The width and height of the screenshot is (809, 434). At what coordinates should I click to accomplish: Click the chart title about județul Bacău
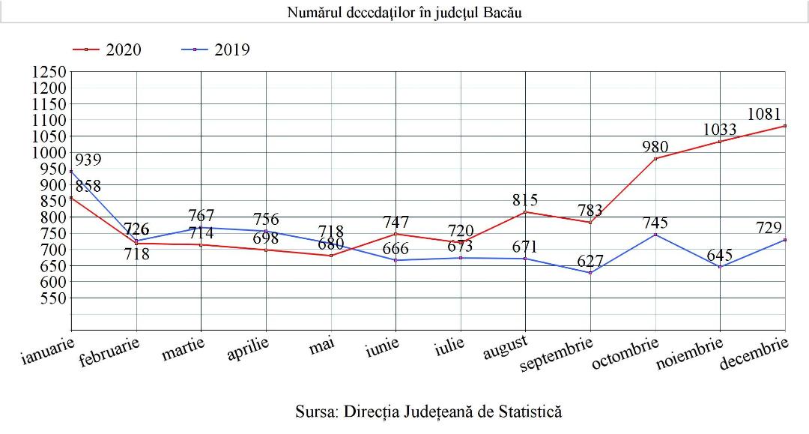click(x=404, y=13)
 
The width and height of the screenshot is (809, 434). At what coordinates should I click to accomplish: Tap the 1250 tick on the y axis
click(x=49, y=73)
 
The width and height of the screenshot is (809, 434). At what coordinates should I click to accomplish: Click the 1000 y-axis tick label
click(x=49, y=153)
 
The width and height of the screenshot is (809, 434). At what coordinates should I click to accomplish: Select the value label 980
click(x=655, y=147)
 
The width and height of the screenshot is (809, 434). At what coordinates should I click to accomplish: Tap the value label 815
click(x=524, y=200)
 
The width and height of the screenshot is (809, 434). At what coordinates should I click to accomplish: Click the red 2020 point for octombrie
click(x=655, y=159)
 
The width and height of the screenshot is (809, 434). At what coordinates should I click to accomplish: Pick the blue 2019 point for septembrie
click(x=590, y=272)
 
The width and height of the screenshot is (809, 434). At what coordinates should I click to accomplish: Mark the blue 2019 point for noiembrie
click(x=721, y=267)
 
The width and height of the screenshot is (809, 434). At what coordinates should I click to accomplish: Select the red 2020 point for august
click(x=526, y=212)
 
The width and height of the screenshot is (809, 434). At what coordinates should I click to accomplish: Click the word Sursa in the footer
click(x=317, y=412)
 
